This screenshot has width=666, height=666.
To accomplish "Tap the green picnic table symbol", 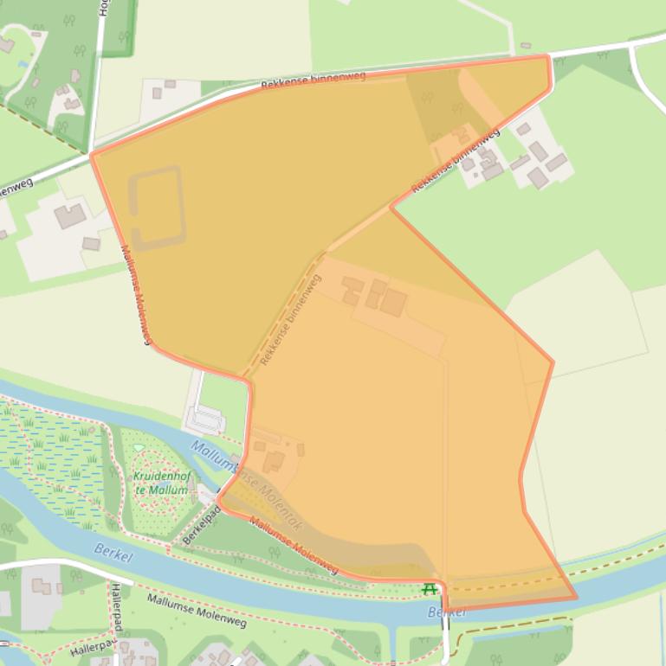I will tap(429, 590).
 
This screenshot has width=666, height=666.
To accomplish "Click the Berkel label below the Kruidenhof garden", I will tap(113, 554).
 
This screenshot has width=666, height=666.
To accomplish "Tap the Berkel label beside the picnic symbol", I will tap(446, 612).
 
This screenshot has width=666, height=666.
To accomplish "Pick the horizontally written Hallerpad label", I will tap(94, 647).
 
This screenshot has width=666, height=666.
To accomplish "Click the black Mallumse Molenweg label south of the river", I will tap(197, 610).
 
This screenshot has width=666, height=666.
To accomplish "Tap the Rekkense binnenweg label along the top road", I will tap(313, 81).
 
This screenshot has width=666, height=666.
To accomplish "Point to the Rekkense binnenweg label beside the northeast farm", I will tap(456, 161).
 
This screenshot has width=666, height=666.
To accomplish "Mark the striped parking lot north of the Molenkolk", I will tap(206, 421).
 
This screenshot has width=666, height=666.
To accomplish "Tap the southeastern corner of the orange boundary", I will tap(576, 598).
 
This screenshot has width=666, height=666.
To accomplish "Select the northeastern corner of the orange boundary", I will tap(548, 57).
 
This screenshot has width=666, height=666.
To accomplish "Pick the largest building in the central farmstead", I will tap(393, 303).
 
